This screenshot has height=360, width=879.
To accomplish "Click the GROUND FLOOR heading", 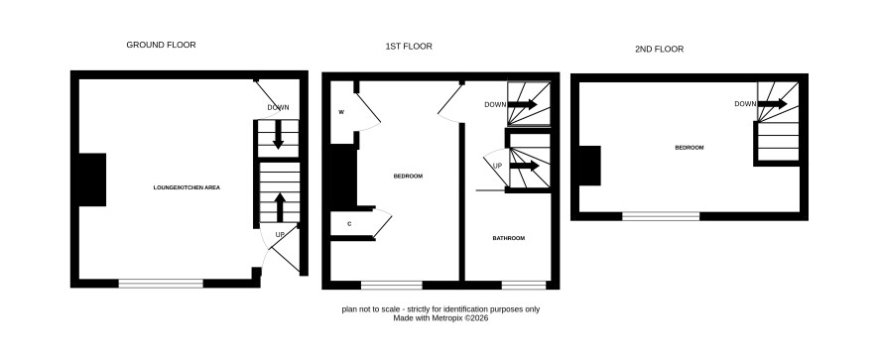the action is click(161, 45).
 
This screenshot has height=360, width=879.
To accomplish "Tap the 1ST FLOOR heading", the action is click(409, 47).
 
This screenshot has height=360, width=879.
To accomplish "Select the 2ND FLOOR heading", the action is click(659, 50).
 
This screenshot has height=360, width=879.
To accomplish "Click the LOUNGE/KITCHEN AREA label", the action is click(187, 187).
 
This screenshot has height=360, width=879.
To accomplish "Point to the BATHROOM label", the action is click(509, 238).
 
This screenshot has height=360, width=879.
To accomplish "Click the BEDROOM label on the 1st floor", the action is click(408, 177).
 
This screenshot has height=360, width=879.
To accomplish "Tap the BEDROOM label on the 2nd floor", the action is click(689, 148).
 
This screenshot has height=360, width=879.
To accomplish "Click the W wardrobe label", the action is click(341, 112).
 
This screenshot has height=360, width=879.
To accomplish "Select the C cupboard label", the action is click(349, 224).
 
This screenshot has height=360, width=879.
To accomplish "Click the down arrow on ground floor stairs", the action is click(278, 135).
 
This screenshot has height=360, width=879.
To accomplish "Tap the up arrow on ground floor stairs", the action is click(279, 207).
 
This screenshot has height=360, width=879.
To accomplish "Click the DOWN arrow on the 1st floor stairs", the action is click(522, 104).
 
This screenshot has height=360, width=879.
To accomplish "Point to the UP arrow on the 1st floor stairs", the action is click(525, 166).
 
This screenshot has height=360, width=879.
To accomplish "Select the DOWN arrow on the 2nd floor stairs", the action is click(772, 104).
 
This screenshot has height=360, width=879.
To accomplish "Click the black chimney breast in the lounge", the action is click(92, 180).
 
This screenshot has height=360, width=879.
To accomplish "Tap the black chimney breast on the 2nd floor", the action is click(589, 166).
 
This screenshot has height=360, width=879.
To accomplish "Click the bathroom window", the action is click(524, 286).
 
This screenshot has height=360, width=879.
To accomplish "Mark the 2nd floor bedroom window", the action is click(661, 216).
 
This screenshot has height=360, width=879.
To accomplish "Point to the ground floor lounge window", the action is click(161, 284).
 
